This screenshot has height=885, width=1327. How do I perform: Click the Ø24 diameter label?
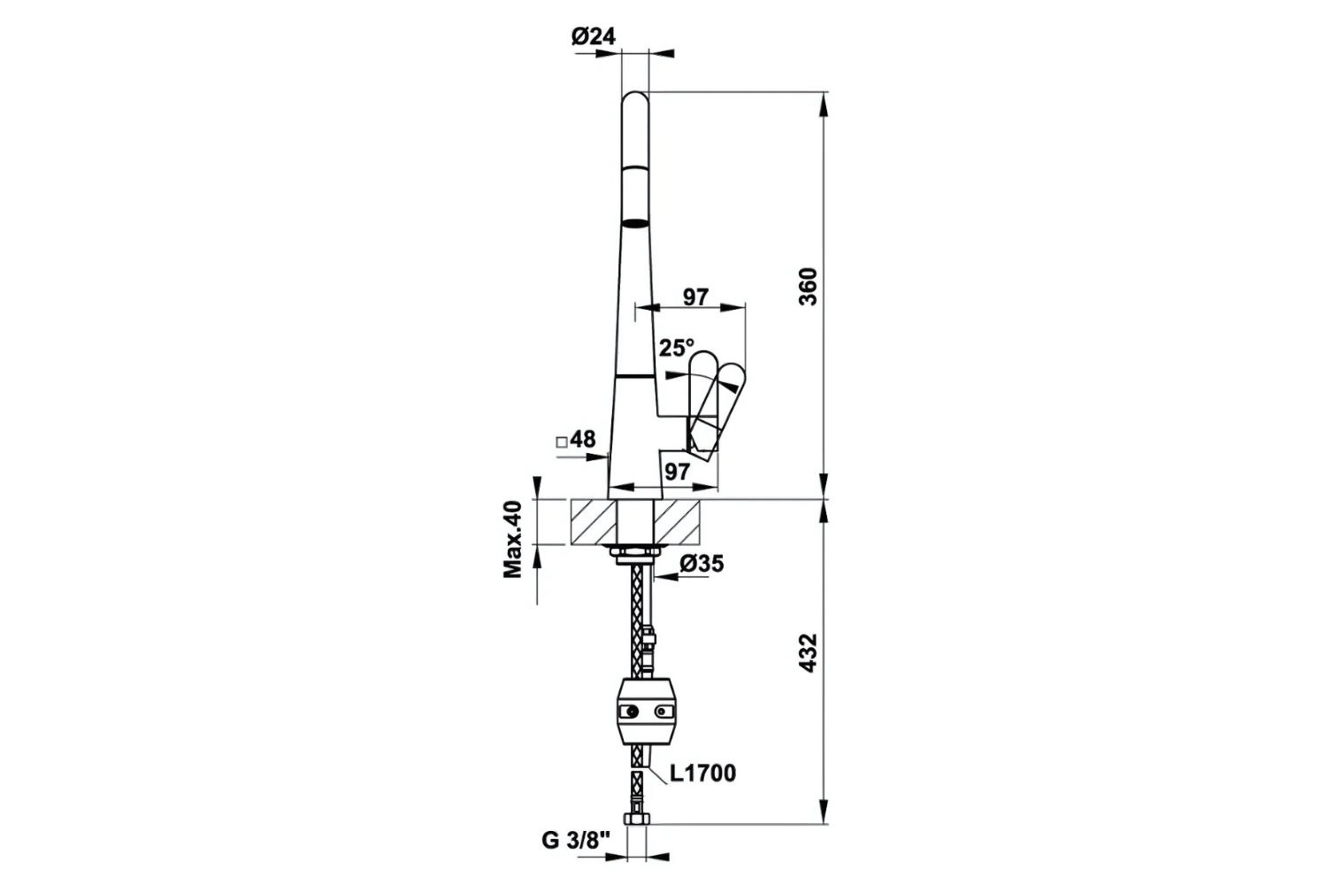pos(593,36)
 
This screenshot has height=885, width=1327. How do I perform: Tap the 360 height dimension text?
pos(808,286)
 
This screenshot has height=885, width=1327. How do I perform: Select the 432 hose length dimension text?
pos(808,653)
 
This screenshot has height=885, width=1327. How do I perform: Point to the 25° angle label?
pos(677,348)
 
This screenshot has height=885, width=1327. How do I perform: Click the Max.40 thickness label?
pos(514,539)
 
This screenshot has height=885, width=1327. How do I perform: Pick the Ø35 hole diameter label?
pos(702,563)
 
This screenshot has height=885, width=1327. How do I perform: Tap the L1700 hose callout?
pos(702,773)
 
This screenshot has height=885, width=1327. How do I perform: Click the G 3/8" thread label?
pos(576,841)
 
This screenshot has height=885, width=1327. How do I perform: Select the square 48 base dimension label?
pos(576,439)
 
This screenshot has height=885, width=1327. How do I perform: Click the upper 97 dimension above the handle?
pos(695,296)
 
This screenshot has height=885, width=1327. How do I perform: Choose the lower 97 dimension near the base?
pos(677,472)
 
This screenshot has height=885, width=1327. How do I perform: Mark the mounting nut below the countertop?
pos(636,554)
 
